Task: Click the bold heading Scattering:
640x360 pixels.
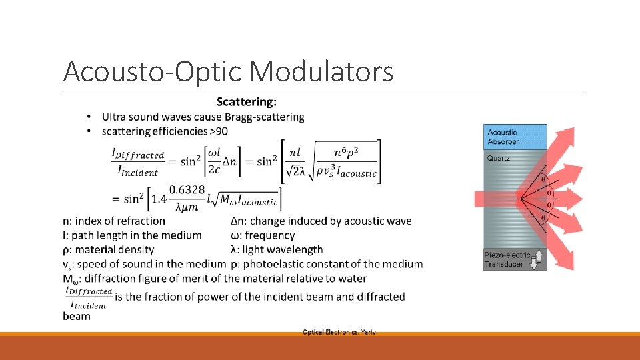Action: click(x=247, y=102)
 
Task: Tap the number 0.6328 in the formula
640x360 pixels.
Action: click(x=187, y=190)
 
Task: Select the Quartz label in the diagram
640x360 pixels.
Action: click(x=498, y=159)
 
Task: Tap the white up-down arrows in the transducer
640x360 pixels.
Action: click(x=533, y=259)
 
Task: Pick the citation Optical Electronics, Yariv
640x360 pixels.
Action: click(x=339, y=332)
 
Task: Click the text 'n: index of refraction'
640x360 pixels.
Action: click(x=114, y=221)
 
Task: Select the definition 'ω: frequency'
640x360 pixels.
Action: click(x=262, y=235)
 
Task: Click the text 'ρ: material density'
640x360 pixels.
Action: click(x=109, y=249)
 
